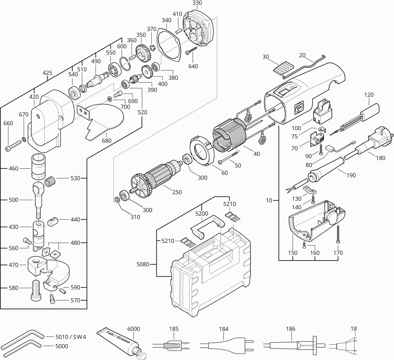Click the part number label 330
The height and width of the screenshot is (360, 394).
coord(197,3)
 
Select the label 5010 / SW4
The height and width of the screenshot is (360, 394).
coord(71,337)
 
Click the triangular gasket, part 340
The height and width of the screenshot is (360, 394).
coord(168,45)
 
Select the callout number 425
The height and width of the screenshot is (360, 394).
coord(47,73)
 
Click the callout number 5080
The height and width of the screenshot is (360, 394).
coord(143,264)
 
